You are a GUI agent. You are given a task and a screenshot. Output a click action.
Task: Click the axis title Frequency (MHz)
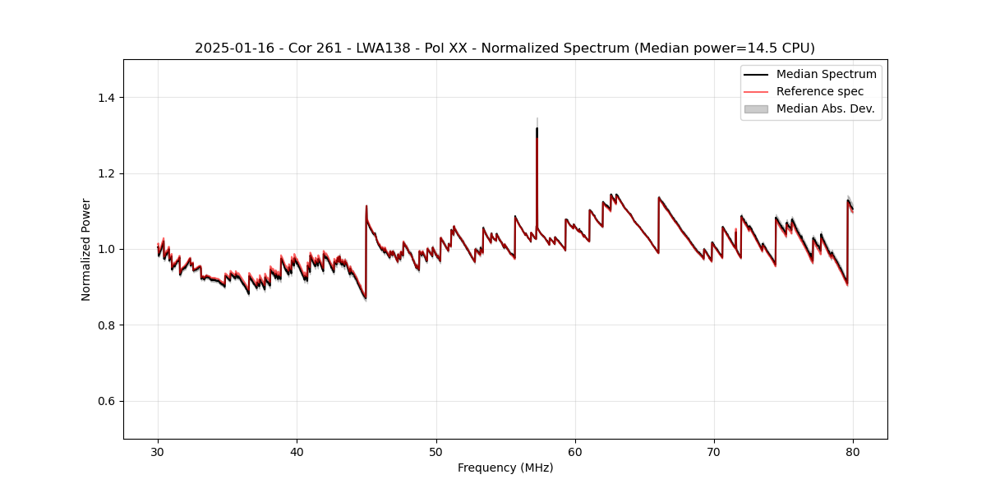(x=505, y=468)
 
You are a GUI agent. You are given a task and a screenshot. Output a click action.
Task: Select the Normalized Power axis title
(x=86, y=249)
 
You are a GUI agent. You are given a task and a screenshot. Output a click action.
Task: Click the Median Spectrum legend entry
(x=826, y=74)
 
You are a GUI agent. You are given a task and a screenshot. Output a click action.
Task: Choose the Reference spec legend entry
(x=820, y=91)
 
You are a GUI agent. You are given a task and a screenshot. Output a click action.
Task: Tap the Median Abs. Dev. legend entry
(x=825, y=108)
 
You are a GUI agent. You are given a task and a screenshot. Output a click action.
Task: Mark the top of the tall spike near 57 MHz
(x=537, y=128)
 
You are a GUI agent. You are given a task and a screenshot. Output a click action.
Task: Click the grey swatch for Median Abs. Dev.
(x=756, y=108)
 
